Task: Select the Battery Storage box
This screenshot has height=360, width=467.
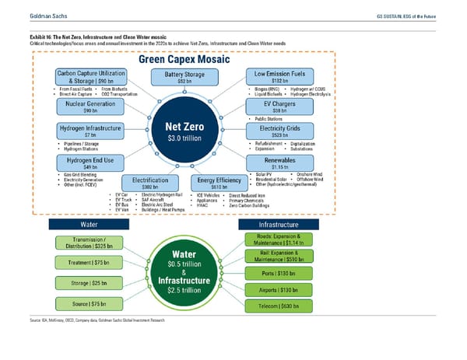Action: [184, 78]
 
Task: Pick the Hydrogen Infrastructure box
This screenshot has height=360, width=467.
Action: [87, 132]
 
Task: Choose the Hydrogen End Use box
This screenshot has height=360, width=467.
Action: [87, 163]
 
